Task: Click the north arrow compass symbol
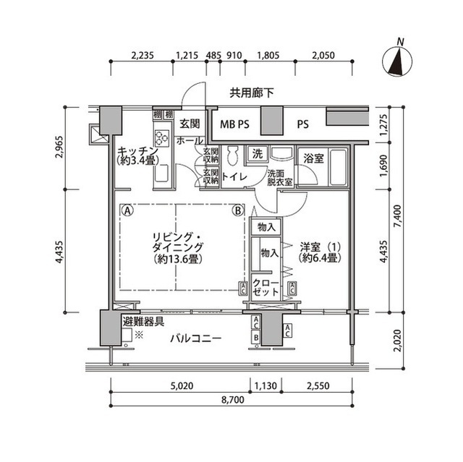point(397,61)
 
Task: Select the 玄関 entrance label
point(190,124)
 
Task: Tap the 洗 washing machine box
point(258,154)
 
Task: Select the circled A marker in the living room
point(127,211)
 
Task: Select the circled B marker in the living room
point(237,211)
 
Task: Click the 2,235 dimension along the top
point(145,54)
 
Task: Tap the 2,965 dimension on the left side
point(59,148)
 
